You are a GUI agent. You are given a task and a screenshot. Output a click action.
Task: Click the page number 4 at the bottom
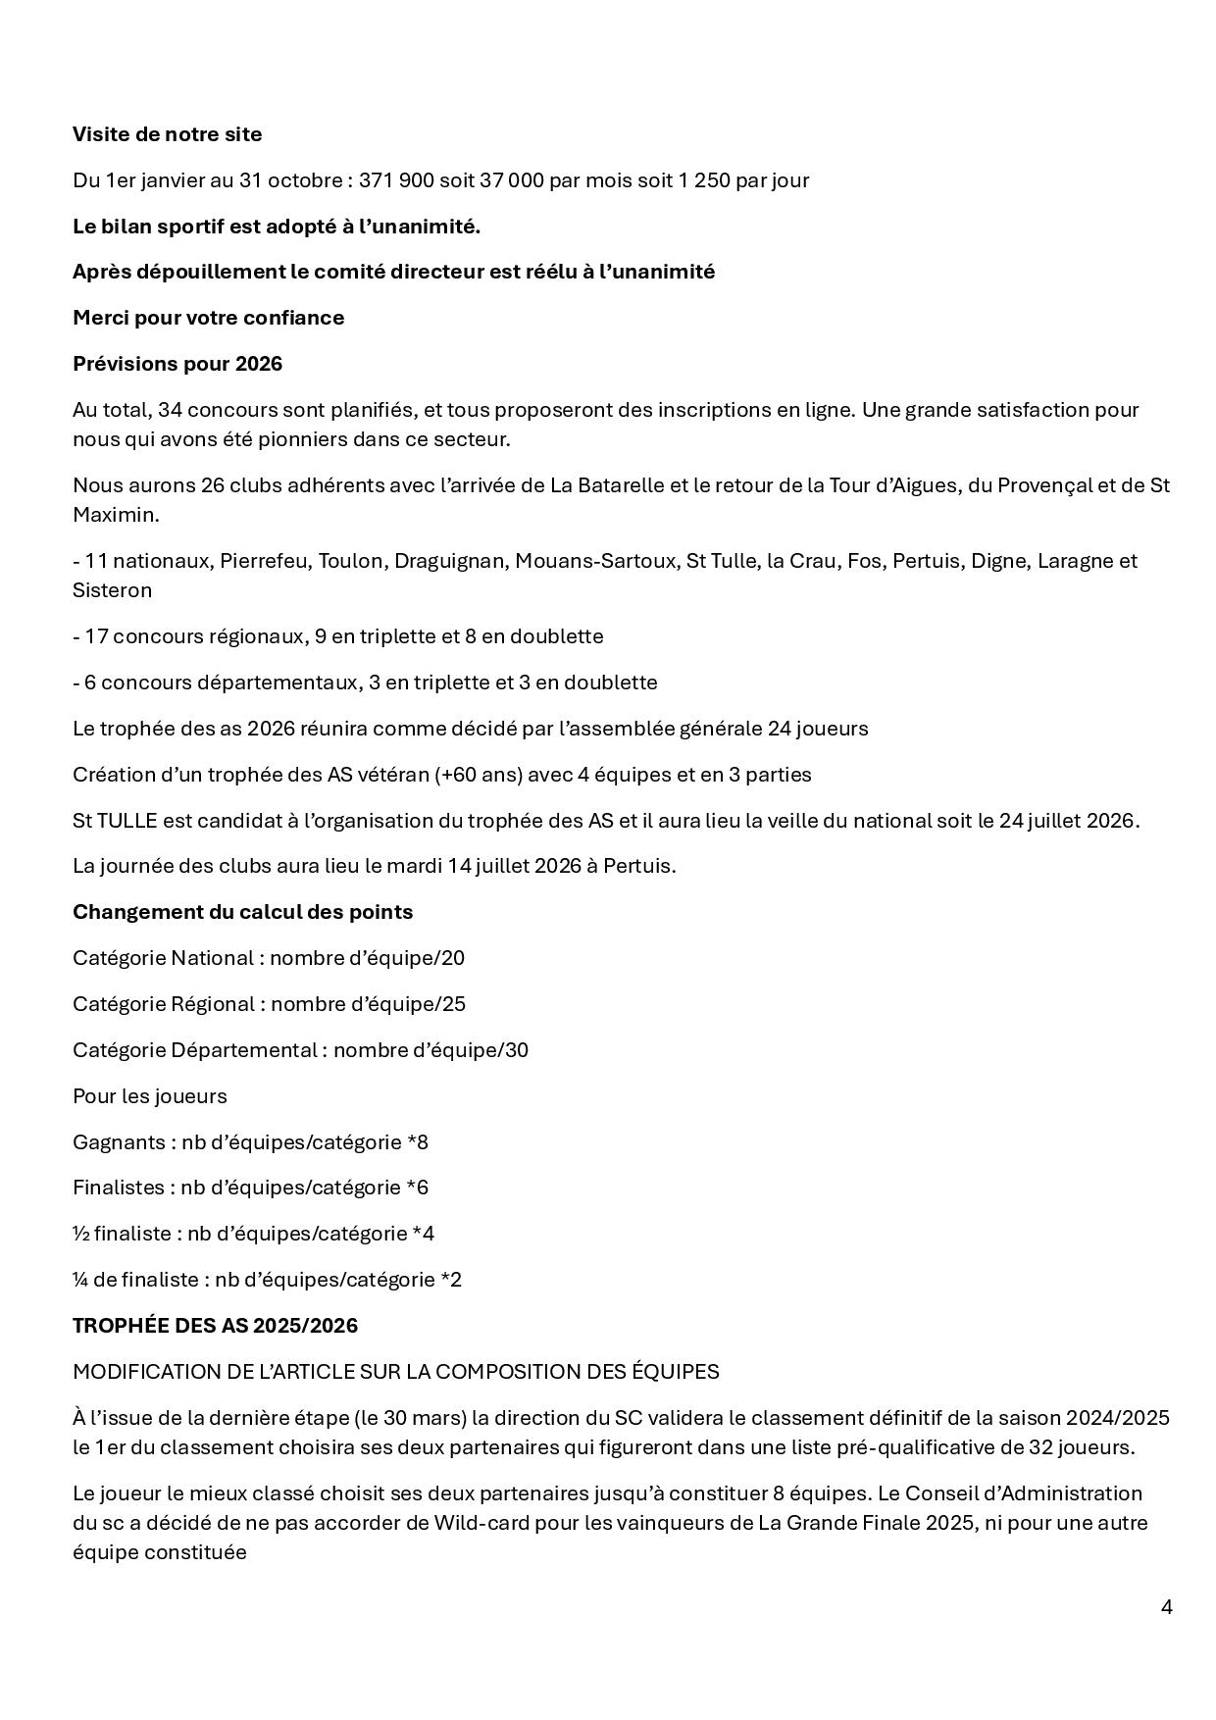(x=1166, y=1607)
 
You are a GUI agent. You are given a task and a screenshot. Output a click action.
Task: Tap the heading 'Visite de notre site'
(x=167, y=134)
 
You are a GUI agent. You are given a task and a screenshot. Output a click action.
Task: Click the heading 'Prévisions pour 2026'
(x=177, y=364)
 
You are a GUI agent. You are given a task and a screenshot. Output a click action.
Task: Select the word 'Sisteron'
(x=112, y=590)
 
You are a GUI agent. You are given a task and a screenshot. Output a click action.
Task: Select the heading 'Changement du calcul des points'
(x=242, y=912)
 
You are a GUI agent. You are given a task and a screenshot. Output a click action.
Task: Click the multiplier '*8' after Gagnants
(x=418, y=1142)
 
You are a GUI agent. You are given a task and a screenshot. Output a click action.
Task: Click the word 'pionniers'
(x=291, y=439)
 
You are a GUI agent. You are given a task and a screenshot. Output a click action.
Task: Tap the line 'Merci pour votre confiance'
(x=208, y=318)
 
